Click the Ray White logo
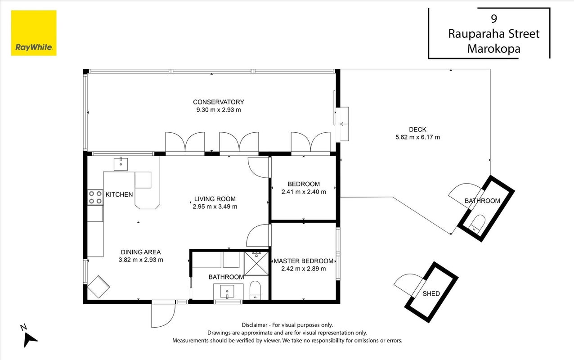point(34,33)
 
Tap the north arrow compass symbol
point(30,338)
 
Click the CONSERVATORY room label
point(218,102)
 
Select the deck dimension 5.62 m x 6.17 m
point(417,137)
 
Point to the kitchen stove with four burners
point(95,197)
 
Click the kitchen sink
point(121,164)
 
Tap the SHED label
point(431,293)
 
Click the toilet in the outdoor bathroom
point(477,224)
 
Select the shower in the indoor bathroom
point(256,264)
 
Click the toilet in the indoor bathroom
point(255,290)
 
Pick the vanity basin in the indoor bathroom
point(227,292)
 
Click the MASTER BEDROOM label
point(303,261)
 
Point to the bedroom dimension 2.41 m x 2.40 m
point(304,192)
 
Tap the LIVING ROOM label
point(215,199)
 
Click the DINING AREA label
point(141,252)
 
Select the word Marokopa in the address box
point(494,49)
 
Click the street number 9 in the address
point(494,18)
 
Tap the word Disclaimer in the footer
point(255,325)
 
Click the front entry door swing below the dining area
point(163,315)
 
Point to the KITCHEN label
point(119,194)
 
